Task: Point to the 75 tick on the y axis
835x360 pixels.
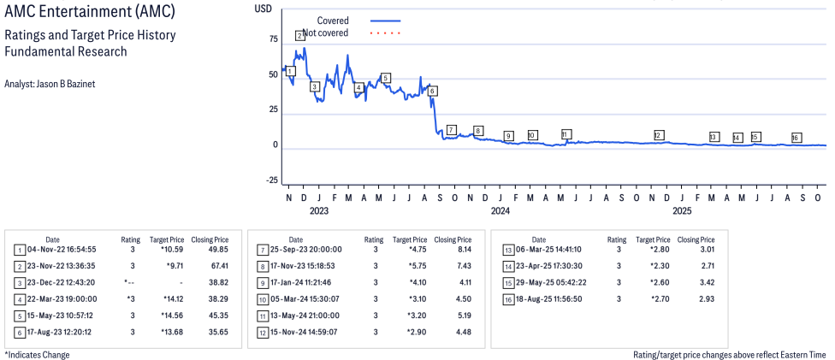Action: [x=273, y=39]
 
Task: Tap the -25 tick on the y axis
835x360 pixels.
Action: [x=271, y=180]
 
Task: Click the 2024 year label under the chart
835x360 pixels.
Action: [x=500, y=210]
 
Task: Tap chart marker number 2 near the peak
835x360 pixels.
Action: [x=299, y=36]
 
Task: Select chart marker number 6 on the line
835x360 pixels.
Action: [x=433, y=91]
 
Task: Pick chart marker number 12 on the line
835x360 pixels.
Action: [x=658, y=135]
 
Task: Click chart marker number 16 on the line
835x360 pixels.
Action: [x=796, y=138]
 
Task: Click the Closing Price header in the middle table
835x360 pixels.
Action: [x=452, y=239]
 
